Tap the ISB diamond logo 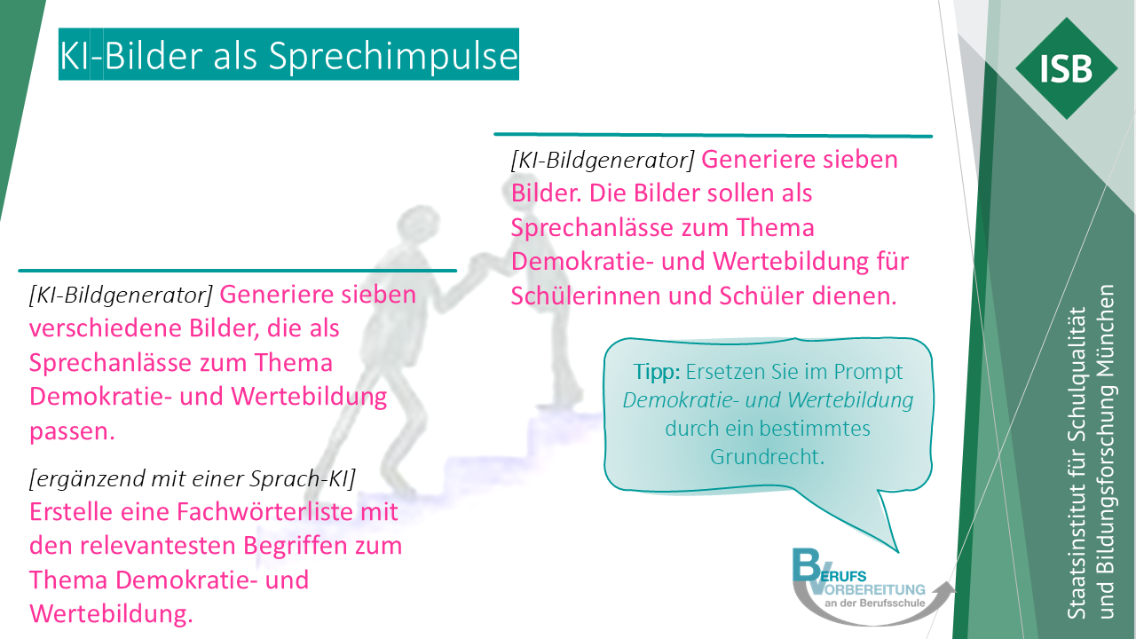click(1067, 68)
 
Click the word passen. click(73, 432)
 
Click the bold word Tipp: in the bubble click(656, 372)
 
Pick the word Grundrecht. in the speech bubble click(768, 457)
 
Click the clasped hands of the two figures click(480, 264)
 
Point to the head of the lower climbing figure click(417, 222)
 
